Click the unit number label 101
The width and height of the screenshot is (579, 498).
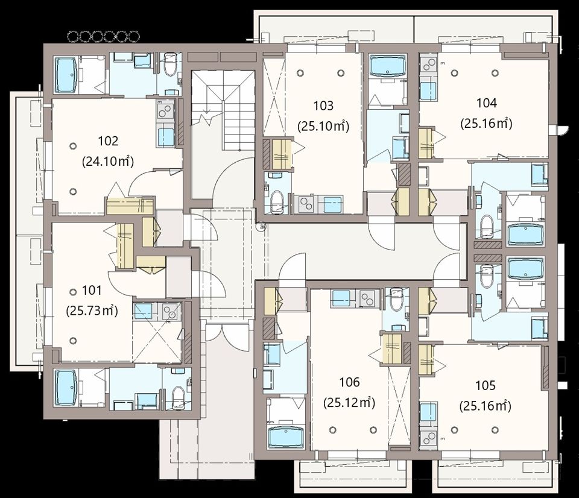[x=92, y=291]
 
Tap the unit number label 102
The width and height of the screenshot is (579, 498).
[x=108, y=141]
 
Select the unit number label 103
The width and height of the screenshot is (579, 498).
[x=323, y=106]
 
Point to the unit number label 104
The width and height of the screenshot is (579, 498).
[x=486, y=103]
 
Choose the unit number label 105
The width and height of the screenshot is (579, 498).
[x=485, y=385]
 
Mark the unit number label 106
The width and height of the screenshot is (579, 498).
[x=349, y=382]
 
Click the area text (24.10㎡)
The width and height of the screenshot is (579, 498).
[x=107, y=162]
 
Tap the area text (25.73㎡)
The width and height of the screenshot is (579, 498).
[x=92, y=311]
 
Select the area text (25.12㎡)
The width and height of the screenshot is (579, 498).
[x=349, y=402]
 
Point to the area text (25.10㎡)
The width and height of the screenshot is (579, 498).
[x=323, y=126]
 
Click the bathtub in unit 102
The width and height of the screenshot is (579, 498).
[x=66, y=75]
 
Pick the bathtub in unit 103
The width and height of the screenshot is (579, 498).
[x=387, y=66]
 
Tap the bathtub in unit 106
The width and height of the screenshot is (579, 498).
[x=286, y=437]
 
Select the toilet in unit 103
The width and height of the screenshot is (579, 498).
[x=276, y=201]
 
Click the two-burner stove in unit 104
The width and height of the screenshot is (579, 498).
[x=428, y=66]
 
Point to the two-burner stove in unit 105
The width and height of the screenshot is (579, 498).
[x=428, y=438]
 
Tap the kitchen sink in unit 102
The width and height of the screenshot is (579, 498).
[x=166, y=137]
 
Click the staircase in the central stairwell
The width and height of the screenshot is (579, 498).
[x=223, y=111]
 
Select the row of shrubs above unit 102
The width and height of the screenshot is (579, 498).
[x=104, y=36]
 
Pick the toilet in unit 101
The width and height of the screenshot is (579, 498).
[x=179, y=397]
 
